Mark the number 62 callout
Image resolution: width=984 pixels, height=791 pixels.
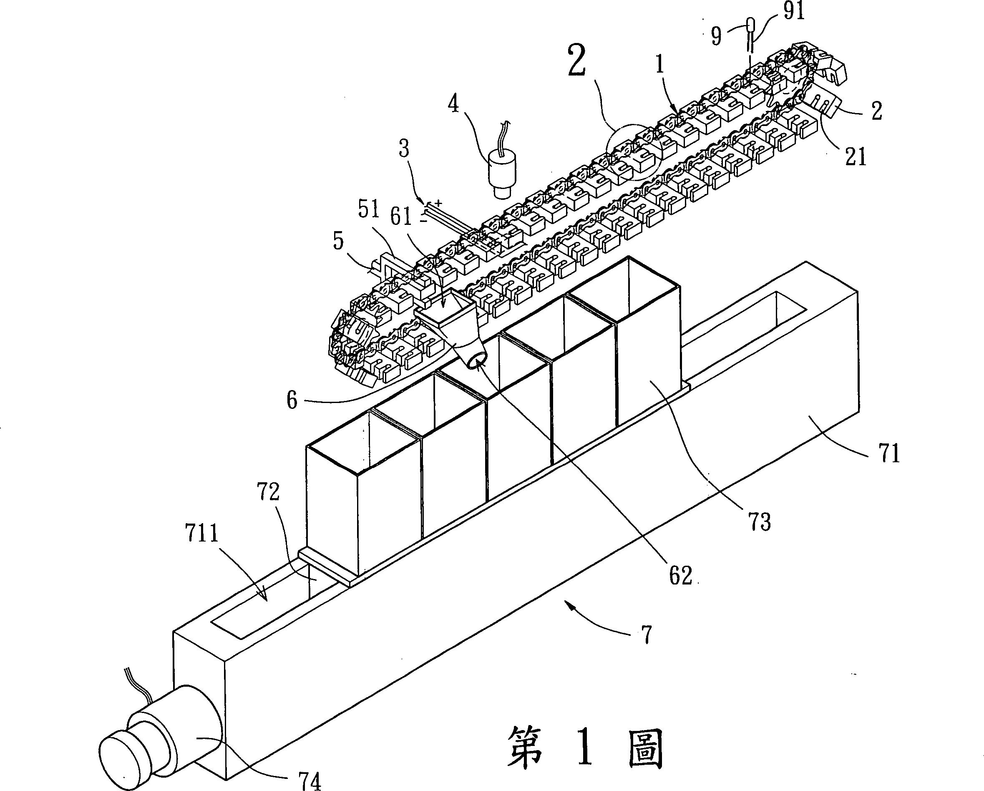[x=680, y=576]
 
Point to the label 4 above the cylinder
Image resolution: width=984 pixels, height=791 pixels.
[x=453, y=105]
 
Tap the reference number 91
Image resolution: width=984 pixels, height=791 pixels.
[x=793, y=12]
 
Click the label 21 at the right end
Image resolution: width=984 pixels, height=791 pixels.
[x=855, y=156]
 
